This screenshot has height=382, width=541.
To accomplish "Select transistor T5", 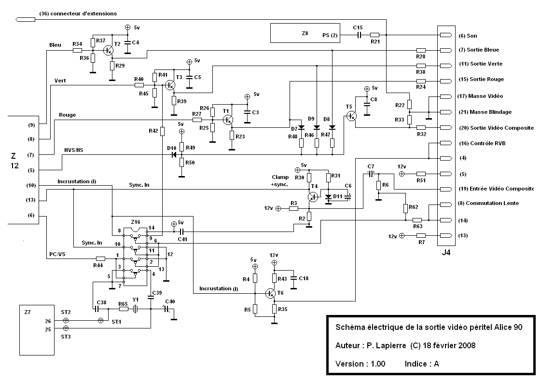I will (352, 116).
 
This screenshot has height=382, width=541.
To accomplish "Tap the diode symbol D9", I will (317, 127).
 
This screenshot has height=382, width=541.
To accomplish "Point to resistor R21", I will (375, 35).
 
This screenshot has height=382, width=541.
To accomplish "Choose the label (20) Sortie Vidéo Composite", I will (496, 128).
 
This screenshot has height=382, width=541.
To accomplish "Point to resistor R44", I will (101, 258).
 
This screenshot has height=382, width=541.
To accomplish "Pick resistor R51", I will (421, 174).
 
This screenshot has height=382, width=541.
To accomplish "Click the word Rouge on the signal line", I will (67, 115).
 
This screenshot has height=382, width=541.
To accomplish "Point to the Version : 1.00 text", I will (360, 364).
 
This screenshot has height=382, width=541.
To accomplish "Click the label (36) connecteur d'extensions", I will (78, 14).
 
